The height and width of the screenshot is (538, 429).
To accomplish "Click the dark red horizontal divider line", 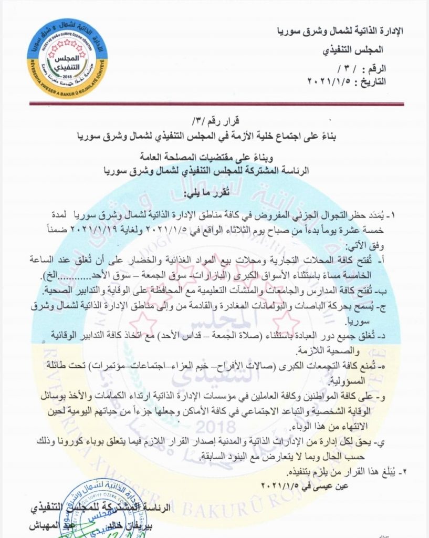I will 214,104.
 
